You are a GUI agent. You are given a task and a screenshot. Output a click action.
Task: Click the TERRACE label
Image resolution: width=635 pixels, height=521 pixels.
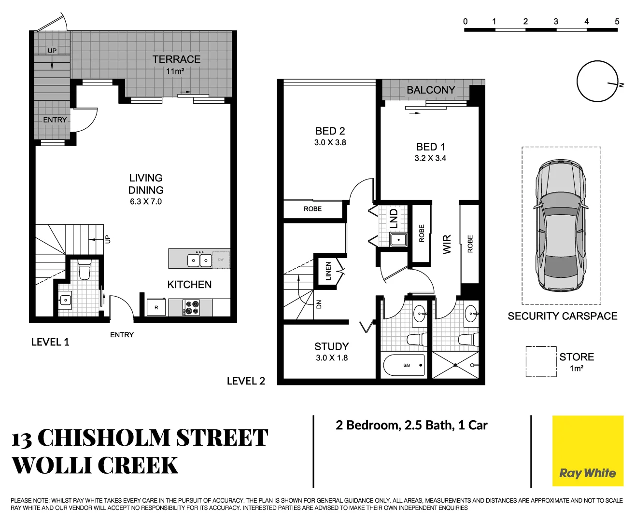(x=176, y=59)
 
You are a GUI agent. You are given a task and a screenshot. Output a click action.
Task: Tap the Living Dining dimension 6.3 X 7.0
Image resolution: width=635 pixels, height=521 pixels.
(x=146, y=202)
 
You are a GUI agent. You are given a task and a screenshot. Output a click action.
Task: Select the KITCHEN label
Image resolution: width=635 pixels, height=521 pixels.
(x=189, y=285)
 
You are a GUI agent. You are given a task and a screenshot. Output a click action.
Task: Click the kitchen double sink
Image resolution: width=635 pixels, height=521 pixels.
(x=199, y=260)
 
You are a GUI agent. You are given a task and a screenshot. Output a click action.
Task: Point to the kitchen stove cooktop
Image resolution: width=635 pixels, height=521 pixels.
(x=191, y=308)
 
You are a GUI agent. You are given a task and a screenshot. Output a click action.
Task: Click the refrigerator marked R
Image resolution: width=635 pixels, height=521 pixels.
(x=156, y=307)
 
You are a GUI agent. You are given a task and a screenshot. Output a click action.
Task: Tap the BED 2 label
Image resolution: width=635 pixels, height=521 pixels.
(x=330, y=131)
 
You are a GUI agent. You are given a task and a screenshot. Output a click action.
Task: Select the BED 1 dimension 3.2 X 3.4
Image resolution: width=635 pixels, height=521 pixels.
(x=430, y=158)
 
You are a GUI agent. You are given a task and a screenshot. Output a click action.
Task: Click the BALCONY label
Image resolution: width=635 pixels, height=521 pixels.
(x=431, y=90)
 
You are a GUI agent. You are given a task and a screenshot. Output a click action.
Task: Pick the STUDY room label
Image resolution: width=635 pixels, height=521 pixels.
(x=331, y=346)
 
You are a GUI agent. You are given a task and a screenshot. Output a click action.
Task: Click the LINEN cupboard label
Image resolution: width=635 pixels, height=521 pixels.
(x=328, y=271)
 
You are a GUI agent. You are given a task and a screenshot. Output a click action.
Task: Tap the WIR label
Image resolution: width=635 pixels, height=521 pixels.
(x=447, y=244)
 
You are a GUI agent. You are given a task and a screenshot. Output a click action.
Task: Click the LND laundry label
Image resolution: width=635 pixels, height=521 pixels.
(x=394, y=219)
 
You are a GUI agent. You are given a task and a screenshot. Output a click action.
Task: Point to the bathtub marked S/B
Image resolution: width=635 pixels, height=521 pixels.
(x=404, y=366)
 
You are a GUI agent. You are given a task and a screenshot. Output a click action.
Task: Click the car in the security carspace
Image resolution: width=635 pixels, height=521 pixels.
(x=561, y=225)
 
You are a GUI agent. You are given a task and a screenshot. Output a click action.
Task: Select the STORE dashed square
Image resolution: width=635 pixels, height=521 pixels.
(x=541, y=362)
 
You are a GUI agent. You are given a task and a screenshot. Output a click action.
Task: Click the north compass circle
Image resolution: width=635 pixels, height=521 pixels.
(x=597, y=81)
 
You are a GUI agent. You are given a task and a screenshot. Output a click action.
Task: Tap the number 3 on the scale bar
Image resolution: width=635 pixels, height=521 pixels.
(x=556, y=21)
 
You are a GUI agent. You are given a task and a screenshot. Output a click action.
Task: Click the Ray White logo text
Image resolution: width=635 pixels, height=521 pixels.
(x=587, y=473)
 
